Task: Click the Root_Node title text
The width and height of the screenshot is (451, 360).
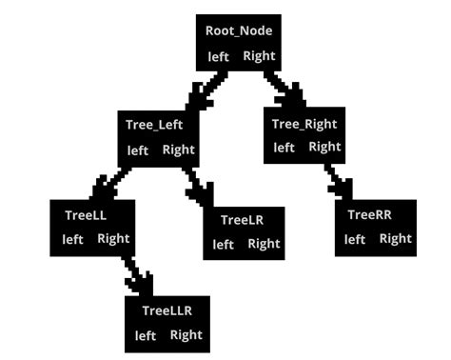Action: click(x=239, y=30)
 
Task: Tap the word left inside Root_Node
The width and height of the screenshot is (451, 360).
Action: click(x=219, y=56)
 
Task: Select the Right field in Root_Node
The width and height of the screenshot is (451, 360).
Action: click(x=259, y=55)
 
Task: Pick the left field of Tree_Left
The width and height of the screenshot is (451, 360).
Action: click(x=138, y=150)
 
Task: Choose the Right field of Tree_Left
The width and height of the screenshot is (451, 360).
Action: click(x=178, y=150)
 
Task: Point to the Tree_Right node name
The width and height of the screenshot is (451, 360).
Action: click(x=304, y=124)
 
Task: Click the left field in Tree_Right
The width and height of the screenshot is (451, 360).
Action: click(x=284, y=147)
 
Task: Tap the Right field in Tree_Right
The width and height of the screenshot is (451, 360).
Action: click(x=324, y=147)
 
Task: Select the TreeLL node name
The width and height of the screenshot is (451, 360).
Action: click(x=87, y=215)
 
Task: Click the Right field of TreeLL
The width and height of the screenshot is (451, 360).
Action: click(x=113, y=238)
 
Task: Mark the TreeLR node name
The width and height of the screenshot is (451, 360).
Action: click(x=242, y=220)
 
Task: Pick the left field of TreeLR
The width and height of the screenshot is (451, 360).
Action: click(x=224, y=244)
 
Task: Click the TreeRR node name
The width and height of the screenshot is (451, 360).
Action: click(x=369, y=215)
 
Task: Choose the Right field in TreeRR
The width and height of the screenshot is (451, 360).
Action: click(x=396, y=238)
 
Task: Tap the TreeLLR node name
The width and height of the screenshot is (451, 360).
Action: click(x=168, y=310)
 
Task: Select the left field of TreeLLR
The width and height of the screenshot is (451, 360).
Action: click(x=146, y=335)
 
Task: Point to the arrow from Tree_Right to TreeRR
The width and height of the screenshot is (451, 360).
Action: click(x=337, y=180)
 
